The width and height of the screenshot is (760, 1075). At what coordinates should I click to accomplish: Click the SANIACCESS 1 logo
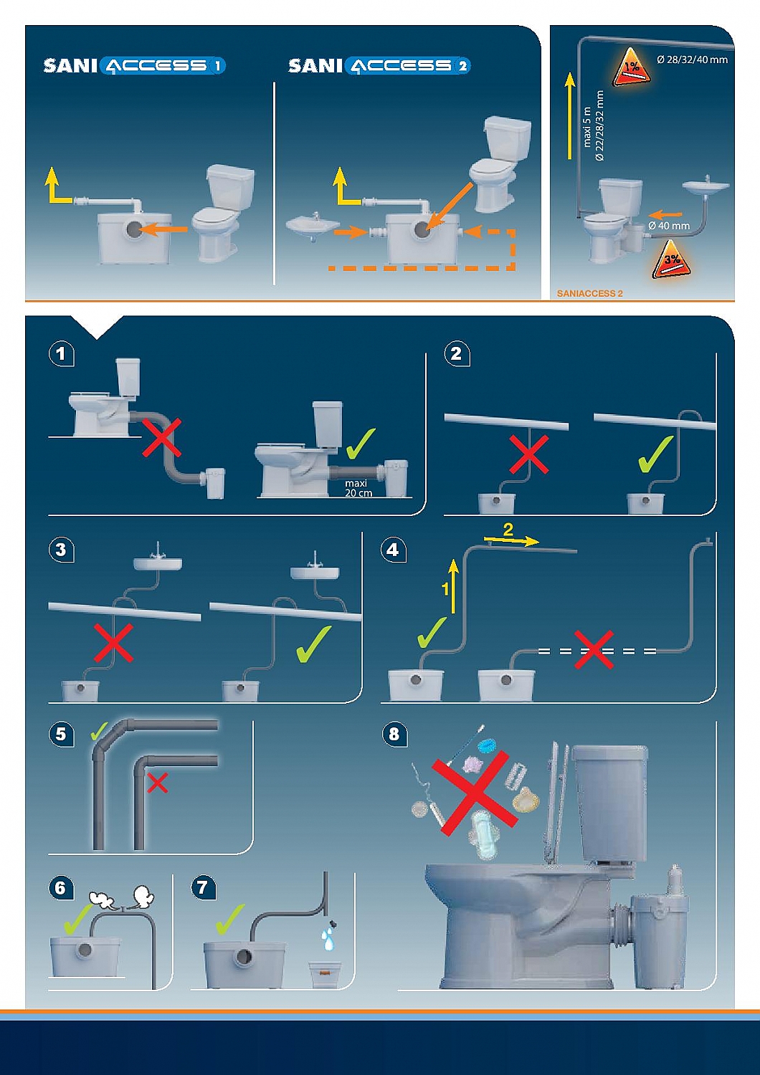(134, 66)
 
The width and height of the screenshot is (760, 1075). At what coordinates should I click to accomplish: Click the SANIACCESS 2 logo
(379, 66)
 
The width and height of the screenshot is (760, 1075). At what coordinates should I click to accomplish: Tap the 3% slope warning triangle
(670, 260)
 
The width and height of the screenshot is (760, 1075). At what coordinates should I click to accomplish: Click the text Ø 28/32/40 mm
(692, 59)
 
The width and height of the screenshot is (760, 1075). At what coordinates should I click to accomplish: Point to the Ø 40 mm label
(668, 226)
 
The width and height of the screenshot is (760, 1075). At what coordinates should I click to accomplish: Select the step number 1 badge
(61, 353)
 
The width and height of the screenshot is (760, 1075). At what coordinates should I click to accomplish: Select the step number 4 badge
(392, 550)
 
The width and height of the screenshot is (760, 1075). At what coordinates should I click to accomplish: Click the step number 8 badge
(394, 734)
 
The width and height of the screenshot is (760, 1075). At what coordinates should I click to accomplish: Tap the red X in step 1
(162, 438)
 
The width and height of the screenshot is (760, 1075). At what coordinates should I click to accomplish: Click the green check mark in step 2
(655, 454)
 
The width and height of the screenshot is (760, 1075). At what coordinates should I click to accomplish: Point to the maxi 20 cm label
(357, 488)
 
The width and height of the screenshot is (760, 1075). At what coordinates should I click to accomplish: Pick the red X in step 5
(157, 783)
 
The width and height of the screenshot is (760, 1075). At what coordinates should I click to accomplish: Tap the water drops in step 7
(328, 938)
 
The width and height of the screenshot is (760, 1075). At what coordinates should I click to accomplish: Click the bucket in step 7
(325, 975)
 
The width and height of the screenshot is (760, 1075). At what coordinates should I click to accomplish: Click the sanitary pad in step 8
(484, 836)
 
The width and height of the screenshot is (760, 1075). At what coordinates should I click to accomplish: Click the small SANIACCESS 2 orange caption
(589, 293)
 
